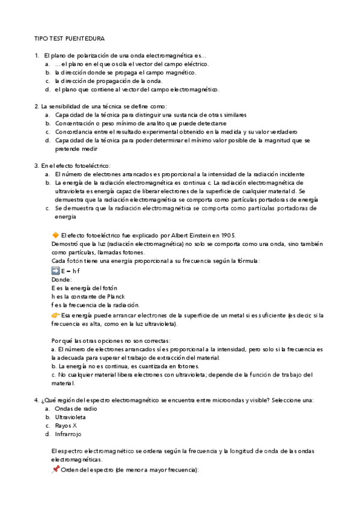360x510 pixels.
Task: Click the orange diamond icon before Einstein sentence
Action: [55, 235]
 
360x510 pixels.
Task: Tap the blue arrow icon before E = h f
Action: [55, 271]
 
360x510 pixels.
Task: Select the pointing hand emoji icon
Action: [55, 315]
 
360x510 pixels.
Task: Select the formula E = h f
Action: [70, 271]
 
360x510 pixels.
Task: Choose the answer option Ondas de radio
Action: [76, 408]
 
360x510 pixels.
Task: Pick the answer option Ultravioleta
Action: [70, 417]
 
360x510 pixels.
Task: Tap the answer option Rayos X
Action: [66, 425]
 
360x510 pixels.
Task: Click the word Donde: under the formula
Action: [61, 280]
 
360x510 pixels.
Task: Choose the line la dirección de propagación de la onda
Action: [100, 81]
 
